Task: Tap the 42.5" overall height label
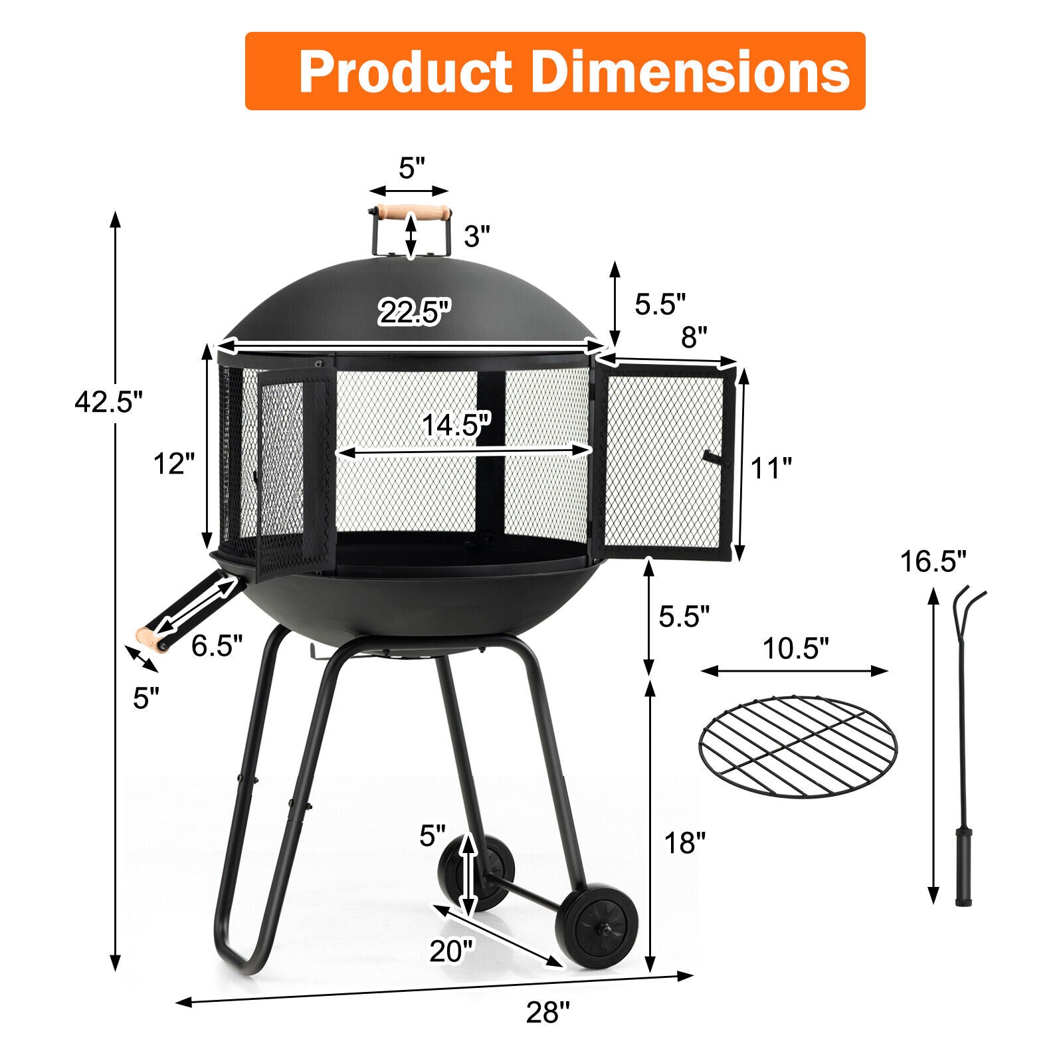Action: [108, 402]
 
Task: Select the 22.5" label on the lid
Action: [415, 312]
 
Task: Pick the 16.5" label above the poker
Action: [933, 562]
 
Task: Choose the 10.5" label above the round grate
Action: [795, 648]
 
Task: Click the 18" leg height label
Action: [685, 842]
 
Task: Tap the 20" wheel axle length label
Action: [452, 951]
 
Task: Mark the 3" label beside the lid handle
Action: [476, 236]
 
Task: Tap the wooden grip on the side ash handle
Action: [151, 638]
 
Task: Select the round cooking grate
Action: [798, 746]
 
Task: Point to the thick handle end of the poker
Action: [963, 868]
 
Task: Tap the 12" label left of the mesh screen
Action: [174, 464]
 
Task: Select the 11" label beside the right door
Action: [771, 468]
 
